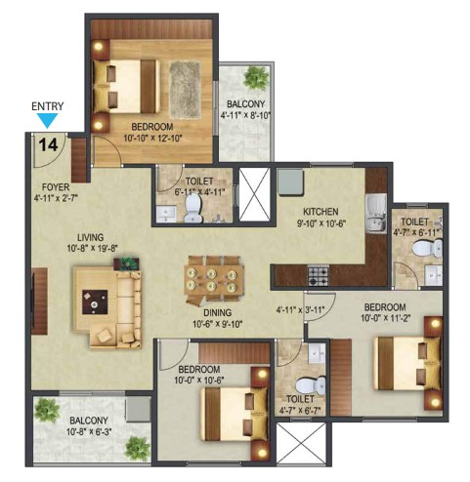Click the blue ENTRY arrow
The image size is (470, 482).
pos(47,120)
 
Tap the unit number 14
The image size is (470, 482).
pos(49,144)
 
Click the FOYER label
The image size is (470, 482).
pos(56,187)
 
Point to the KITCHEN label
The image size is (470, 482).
pos(320,212)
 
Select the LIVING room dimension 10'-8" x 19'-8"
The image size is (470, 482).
pos(92,248)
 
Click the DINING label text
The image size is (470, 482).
pos(218,313)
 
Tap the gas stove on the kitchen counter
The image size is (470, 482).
pos(319,275)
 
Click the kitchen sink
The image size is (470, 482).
pos(376,214)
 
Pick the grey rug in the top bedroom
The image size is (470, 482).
pos(185,90)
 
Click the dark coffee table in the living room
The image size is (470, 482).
pos(95,302)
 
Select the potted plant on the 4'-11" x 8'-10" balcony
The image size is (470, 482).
pos(256,78)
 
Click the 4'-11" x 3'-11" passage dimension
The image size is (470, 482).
pos(300,310)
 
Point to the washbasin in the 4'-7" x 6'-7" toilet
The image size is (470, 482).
pos(317,353)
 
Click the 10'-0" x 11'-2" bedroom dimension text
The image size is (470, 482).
pos(385,318)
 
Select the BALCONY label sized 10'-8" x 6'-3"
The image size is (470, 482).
pos(89,421)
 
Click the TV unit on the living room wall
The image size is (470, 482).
pos(40,301)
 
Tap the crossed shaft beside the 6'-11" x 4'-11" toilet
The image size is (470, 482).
pos(255,194)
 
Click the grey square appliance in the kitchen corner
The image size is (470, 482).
pos(291,181)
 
